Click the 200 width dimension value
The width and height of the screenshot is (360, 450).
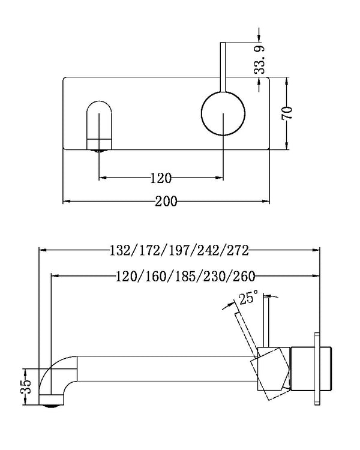tap(166, 202)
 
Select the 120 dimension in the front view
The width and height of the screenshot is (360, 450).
tap(161, 178)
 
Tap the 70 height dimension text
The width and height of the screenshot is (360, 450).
tap(289, 112)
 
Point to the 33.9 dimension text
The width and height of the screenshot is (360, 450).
tap(259, 59)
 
